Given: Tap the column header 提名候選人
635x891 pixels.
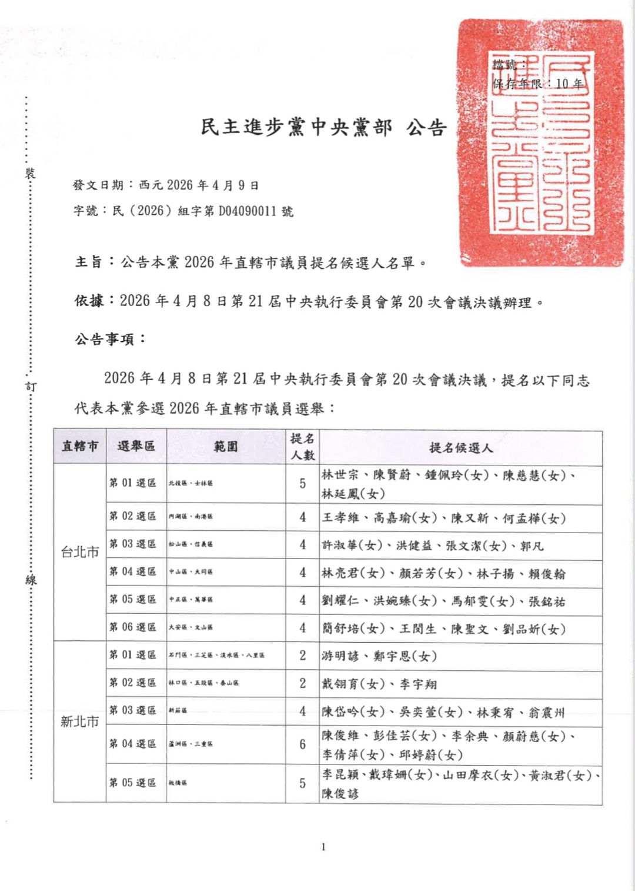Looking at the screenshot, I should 461,448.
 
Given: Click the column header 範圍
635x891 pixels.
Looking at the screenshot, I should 226,447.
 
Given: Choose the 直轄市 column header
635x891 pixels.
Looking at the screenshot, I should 80,447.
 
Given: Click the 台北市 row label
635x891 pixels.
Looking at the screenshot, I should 80,552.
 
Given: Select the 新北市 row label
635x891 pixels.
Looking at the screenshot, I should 80,722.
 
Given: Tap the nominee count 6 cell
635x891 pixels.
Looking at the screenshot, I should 302,744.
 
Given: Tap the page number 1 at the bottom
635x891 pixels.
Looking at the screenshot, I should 323,847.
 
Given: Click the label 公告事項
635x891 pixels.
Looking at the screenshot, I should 110,340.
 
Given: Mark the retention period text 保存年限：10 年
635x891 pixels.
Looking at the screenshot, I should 538,84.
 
